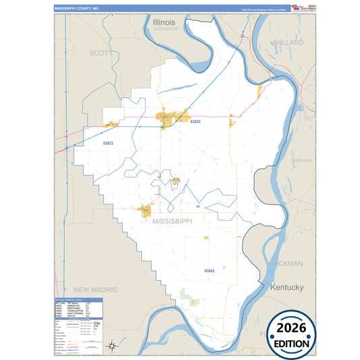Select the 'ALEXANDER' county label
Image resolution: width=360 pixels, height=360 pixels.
[165, 30]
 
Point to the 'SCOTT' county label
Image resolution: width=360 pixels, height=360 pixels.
[101, 53]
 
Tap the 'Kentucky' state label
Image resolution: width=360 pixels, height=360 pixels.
[287, 288]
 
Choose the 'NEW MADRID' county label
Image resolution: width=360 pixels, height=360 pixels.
[95, 289]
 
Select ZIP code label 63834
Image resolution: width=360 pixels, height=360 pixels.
[196, 122]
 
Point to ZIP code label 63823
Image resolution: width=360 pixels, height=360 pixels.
[108, 143]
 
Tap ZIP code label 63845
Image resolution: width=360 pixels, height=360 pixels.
[209, 270]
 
